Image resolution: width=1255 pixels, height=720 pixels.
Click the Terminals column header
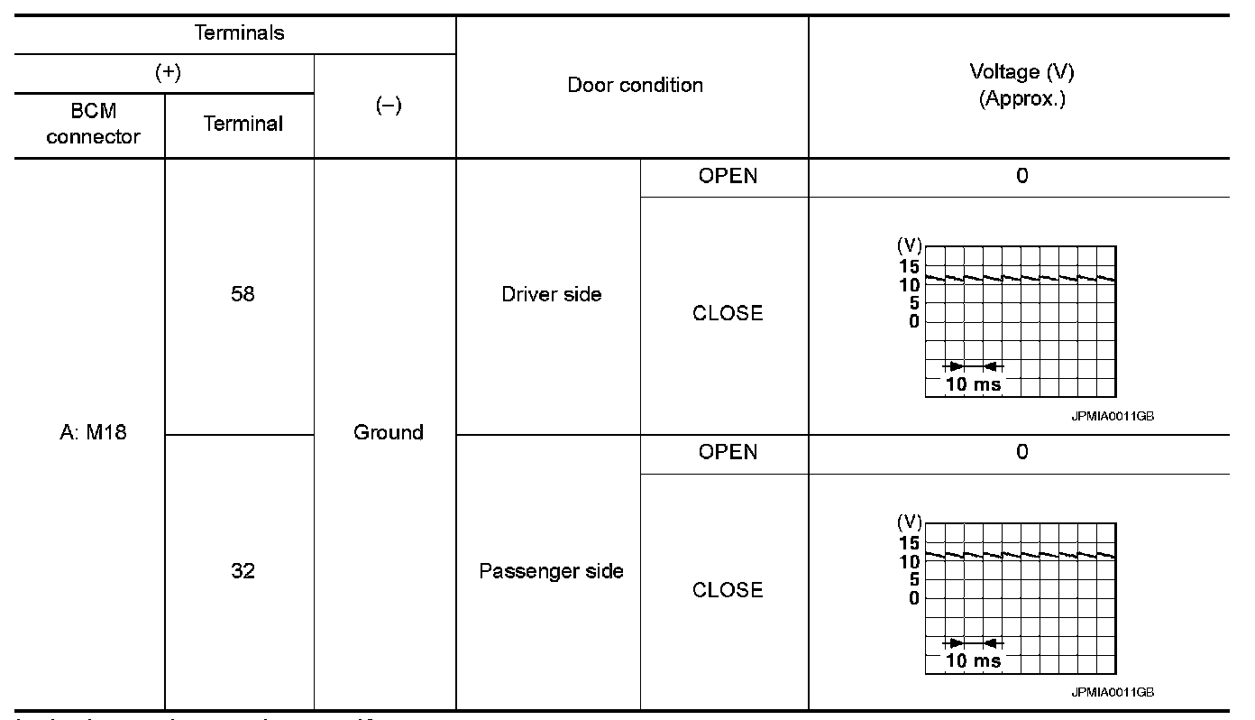[240, 34]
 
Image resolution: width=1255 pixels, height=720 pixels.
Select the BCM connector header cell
[93, 124]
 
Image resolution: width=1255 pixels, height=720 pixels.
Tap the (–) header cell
[387, 106]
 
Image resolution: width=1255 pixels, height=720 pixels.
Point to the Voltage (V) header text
[1021, 72]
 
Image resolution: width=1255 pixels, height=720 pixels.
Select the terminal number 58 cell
[242, 294]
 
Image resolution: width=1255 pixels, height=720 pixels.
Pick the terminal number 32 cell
[242, 571]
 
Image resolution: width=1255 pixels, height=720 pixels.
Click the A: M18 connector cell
[88, 433]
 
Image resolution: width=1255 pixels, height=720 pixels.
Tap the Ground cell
[388, 433]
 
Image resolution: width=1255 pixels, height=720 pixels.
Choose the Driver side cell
[551, 294]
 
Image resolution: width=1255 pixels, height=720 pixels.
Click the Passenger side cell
[551, 571]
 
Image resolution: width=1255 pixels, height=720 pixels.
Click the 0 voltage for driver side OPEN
[1021, 176]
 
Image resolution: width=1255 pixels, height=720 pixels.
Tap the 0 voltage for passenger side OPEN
[1021, 452]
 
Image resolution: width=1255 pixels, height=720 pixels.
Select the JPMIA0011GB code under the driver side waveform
[1113, 416]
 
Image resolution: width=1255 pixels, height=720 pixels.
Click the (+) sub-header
[168, 73]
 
